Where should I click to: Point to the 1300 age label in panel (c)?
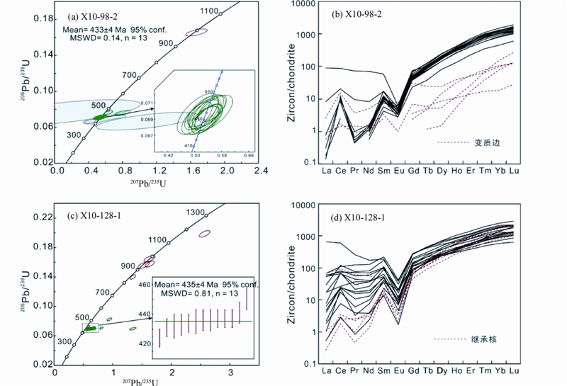[196, 213]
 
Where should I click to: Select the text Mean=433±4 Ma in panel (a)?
[96, 30]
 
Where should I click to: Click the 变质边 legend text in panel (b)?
[484, 142]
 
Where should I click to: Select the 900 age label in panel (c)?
[128, 266]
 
